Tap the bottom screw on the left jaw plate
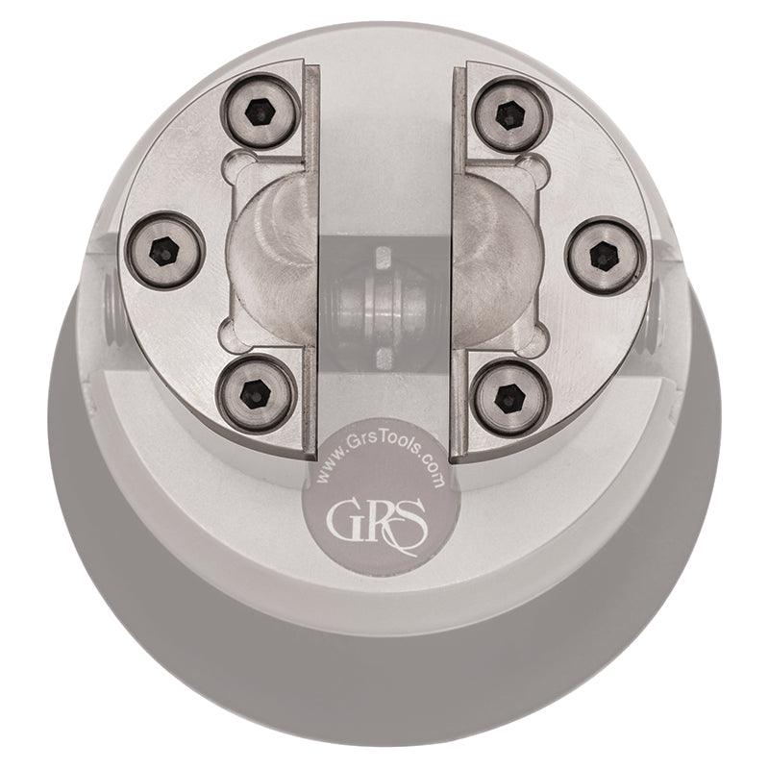[254, 392]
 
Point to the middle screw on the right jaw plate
[604, 256]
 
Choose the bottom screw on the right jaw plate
[512, 396]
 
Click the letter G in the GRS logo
[344, 520]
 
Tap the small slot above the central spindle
[383, 258]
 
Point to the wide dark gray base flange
[384, 673]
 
